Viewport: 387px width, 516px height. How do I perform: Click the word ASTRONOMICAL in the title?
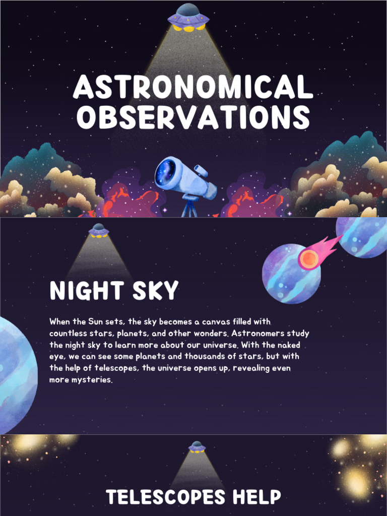click(x=193, y=87)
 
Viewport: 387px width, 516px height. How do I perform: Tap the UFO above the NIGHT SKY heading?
click(x=99, y=230)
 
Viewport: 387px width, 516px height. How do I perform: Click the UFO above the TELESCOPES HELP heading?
click(x=197, y=446)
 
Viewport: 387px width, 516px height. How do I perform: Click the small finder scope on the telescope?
click(x=200, y=171)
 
